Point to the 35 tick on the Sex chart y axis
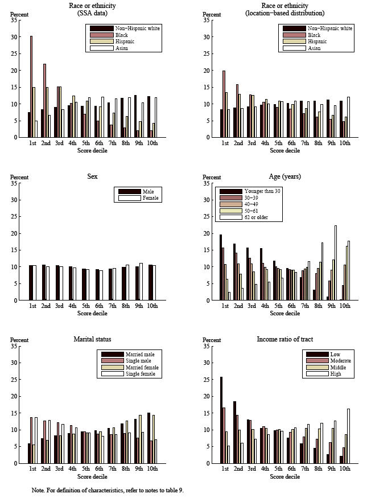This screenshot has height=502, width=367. click(13, 184)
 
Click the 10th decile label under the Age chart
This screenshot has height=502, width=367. click(344, 306)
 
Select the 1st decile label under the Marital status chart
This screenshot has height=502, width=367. click(32, 469)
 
